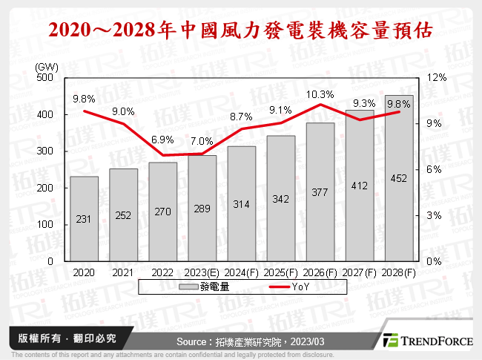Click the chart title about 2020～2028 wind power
240,32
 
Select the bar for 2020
84,219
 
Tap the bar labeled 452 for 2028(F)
399,178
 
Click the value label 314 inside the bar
241,218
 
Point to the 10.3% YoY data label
320,95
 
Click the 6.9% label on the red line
162,140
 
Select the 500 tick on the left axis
44,78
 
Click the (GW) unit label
46,67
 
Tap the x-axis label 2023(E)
202,273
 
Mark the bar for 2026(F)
320,192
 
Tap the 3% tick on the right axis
436,215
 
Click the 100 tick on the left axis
47,224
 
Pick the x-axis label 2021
123,273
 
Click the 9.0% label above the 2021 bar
123,112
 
